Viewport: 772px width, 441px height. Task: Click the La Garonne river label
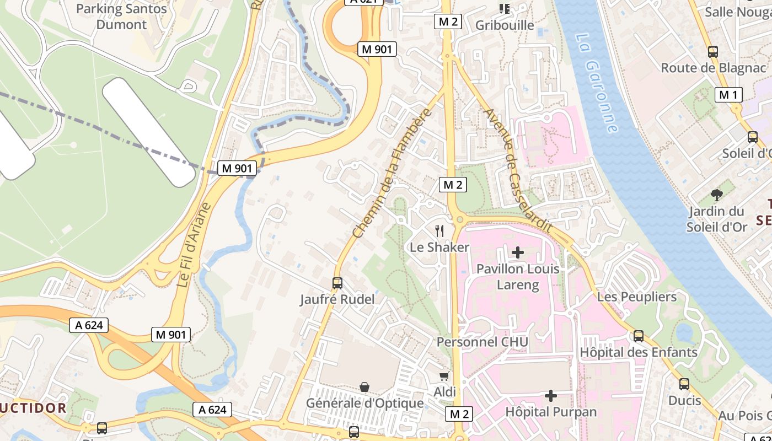click(x=596, y=83)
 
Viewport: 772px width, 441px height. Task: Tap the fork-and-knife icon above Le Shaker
click(x=439, y=230)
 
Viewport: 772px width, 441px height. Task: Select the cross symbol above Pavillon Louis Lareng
click(x=518, y=252)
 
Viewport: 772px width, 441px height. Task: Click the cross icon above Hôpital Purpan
click(x=551, y=395)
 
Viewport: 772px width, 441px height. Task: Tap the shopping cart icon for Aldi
click(x=444, y=376)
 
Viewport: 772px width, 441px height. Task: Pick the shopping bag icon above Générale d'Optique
click(x=364, y=387)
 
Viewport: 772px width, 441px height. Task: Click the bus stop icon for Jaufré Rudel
click(x=337, y=283)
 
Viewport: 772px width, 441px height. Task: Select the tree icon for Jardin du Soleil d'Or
click(x=717, y=194)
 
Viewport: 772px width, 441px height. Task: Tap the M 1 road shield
click(x=728, y=95)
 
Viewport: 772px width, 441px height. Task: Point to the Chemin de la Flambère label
click(x=391, y=173)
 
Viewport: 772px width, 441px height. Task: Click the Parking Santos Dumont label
click(x=121, y=17)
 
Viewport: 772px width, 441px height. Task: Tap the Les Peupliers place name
click(x=637, y=297)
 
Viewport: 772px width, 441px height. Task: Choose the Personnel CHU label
click(x=482, y=342)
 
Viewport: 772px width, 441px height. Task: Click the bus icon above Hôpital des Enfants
click(x=639, y=336)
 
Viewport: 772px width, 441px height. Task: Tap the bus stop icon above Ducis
click(x=684, y=384)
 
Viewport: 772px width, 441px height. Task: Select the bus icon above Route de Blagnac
click(x=713, y=52)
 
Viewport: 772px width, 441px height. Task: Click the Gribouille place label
click(x=505, y=25)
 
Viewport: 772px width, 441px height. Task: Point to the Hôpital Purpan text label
click(x=551, y=412)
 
